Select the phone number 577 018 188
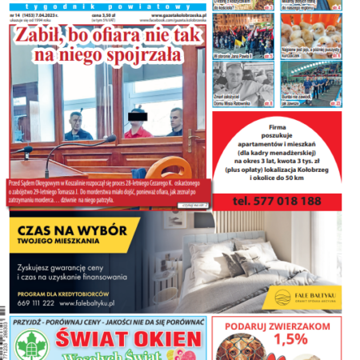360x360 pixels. (283, 200)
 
